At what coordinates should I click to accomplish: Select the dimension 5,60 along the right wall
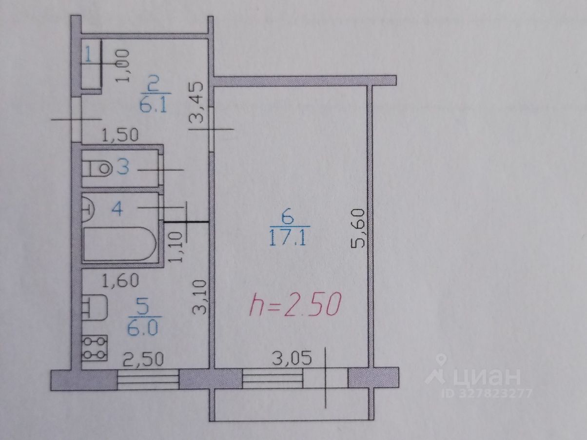click(359, 229)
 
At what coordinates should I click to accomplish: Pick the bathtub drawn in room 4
click(119, 244)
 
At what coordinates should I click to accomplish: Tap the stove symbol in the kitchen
click(94, 348)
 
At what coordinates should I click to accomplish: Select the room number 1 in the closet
click(88, 54)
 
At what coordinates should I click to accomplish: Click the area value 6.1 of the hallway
click(154, 104)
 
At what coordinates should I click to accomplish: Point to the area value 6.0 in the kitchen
click(143, 329)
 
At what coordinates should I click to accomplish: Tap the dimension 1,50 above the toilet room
click(120, 134)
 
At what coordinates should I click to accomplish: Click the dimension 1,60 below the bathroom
click(120, 280)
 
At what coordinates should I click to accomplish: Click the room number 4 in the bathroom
click(117, 209)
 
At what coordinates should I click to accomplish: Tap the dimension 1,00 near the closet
click(123, 65)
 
